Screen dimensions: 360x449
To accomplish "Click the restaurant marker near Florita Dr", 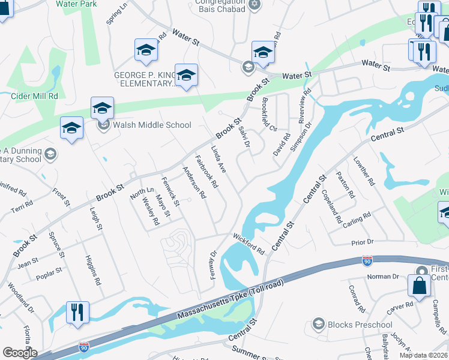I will click(77, 313).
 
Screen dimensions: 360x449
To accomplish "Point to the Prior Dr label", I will click(362, 242).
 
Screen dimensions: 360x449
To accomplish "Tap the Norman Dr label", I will click(383, 277).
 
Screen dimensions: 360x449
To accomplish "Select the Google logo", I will click(20, 353).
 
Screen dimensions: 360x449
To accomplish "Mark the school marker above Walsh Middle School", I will click(102, 108).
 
